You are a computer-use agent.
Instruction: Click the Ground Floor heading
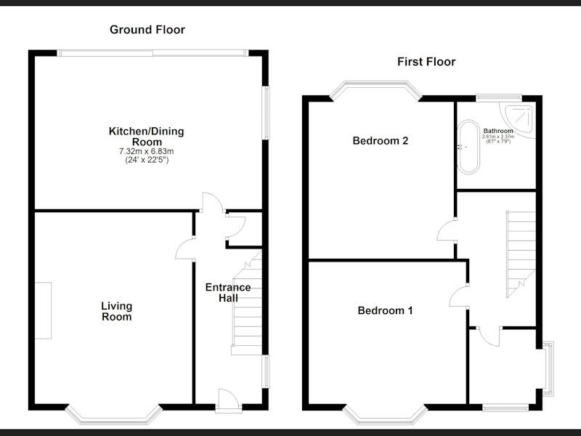click(147, 30)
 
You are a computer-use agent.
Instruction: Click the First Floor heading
click(426, 62)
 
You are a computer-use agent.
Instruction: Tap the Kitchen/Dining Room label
click(147, 137)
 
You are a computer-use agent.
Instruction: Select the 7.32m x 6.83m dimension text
click(147, 151)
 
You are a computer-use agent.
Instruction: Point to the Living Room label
click(117, 311)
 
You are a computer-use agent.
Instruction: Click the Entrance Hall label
click(228, 293)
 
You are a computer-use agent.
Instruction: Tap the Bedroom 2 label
click(380, 141)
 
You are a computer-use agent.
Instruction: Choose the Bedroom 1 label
click(385, 310)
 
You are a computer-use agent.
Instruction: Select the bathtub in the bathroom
click(468, 147)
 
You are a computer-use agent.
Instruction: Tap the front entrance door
click(229, 400)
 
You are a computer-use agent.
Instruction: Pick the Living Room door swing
click(185, 249)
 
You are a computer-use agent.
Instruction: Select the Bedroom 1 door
click(459, 296)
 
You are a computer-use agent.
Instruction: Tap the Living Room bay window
click(114, 416)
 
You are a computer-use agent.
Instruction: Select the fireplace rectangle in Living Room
click(44, 310)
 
